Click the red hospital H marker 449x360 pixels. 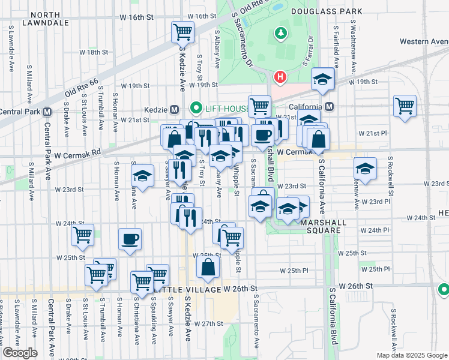[x=279, y=77]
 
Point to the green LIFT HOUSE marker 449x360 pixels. [x=195, y=108]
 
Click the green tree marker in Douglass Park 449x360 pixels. [x=279, y=32]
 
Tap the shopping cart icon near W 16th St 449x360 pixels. [x=182, y=31]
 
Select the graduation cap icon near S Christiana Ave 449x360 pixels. [x=142, y=176]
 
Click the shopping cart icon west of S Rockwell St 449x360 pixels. [x=405, y=106]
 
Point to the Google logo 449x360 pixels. [x=20, y=353]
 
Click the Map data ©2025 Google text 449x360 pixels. [x=412, y=355]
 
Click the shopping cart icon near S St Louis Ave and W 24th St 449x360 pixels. [x=82, y=235]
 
